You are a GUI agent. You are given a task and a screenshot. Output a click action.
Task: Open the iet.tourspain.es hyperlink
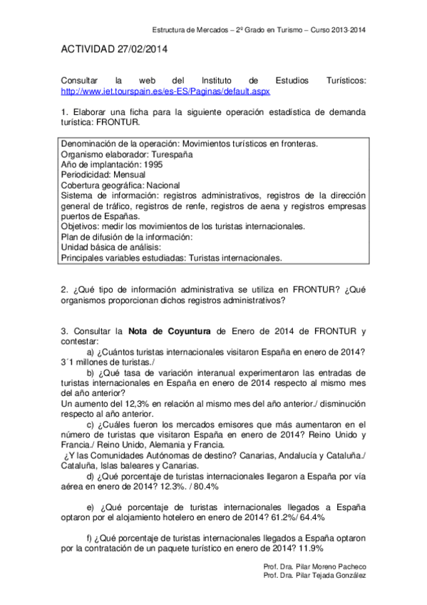pyautogui.click(x=165, y=92)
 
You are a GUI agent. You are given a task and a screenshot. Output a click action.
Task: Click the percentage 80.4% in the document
pyautogui.click(x=203, y=485)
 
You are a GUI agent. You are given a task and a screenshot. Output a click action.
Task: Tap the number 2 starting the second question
pyautogui.click(x=64, y=290)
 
